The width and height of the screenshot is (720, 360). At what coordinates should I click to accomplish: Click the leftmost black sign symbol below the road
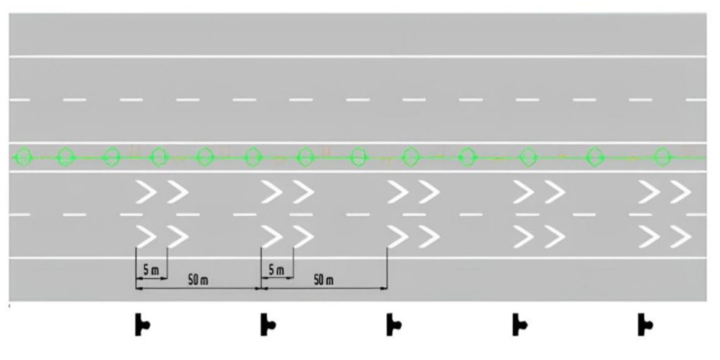click(141, 325)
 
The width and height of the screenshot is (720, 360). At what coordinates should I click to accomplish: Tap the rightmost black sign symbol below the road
click(644, 325)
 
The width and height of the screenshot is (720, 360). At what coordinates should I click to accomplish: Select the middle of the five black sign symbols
click(393, 325)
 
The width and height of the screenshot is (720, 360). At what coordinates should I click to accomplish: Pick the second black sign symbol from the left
click(267, 325)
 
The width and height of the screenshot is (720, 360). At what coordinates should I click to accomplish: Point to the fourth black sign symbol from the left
click(519, 325)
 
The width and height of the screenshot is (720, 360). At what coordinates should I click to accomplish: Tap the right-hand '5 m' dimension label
click(276, 271)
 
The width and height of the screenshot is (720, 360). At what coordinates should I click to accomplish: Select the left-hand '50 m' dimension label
click(198, 281)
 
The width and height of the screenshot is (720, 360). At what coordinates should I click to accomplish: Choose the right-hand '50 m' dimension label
click(324, 281)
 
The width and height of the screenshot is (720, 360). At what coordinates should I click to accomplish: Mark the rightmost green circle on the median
click(662, 157)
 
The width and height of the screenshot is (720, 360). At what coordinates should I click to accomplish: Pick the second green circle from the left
click(66, 157)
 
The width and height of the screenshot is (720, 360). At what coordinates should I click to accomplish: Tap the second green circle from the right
click(594, 157)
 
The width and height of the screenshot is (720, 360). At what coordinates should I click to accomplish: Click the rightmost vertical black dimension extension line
click(387, 268)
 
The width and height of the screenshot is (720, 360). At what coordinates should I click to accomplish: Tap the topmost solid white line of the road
click(357, 57)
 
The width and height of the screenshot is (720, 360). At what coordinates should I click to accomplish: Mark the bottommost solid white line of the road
click(357, 258)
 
